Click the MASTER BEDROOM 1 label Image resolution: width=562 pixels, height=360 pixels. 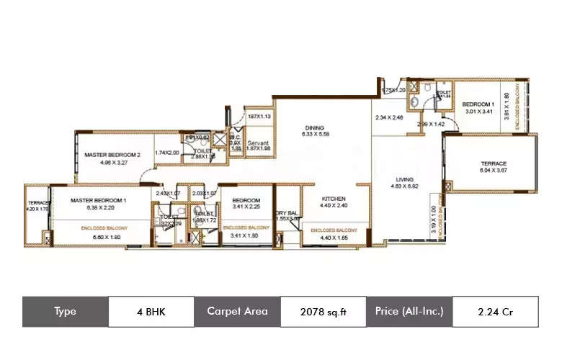[x=99, y=200]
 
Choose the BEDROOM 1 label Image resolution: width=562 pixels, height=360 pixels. [x=478, y=104]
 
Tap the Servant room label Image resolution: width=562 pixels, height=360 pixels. [x=258, y=143]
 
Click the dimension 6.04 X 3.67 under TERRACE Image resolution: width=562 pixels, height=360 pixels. [x=494, y=171]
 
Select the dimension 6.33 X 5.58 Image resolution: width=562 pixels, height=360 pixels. [x=315, y=134]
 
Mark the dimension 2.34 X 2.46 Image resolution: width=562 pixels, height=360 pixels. [x=391, y=117]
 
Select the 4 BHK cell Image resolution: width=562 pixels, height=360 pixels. [x=151, y=312]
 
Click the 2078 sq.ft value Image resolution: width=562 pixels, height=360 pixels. [x=323, y=312]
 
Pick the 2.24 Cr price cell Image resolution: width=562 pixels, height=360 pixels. [x=495, y=312]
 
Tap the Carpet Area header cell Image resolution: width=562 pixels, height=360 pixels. [x=237, y=312]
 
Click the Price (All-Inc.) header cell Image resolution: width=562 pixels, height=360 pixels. [x=409, y=312]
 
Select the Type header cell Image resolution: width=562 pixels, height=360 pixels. [x=65, y=312]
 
